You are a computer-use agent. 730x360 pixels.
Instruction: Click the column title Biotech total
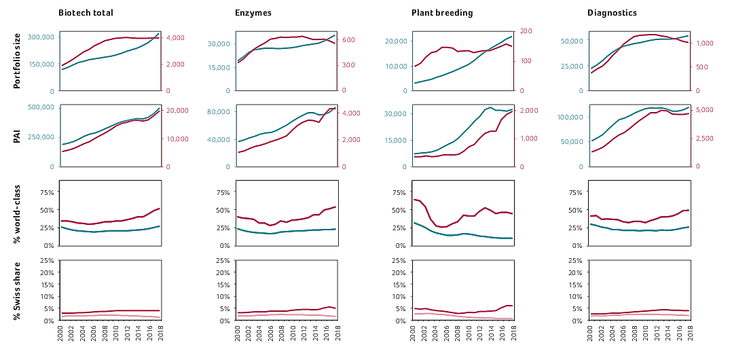click(86, 13)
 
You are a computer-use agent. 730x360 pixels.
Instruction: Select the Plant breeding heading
click(442, 13)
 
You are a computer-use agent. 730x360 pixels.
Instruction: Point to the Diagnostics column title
click(612, 13)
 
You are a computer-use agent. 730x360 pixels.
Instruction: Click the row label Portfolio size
click(18, 62)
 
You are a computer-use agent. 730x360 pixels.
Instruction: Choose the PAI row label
click(18, 136)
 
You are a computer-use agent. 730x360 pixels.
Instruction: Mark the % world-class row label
click(18, 212)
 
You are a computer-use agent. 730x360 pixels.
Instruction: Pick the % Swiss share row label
click(18, 290)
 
